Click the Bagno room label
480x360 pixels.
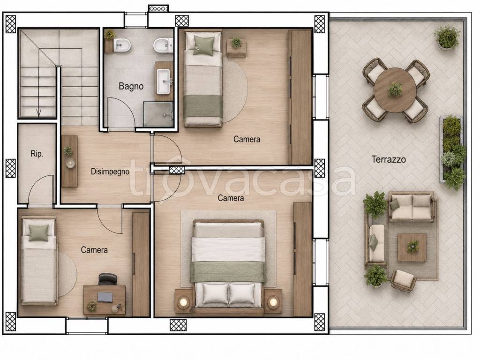(131, 86)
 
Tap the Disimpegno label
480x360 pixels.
(110, 172)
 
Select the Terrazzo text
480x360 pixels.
(389, 159)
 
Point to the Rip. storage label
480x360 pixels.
(37, 154)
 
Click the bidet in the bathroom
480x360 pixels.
(122, 45)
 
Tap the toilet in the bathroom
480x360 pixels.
(163, 45)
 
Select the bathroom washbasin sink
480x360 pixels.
(164, 82)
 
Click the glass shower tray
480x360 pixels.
(158, 114)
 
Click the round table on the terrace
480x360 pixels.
(395, 90)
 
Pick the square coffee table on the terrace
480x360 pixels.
(412, 247)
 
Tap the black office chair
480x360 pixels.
(108, 279)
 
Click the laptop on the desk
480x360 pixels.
(105, 297)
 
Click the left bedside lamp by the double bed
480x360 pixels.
(184, 302)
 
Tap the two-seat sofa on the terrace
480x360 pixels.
(411, 207)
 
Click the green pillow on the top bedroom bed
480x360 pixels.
(203, 45)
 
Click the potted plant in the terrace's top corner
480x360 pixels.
(447, 37)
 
